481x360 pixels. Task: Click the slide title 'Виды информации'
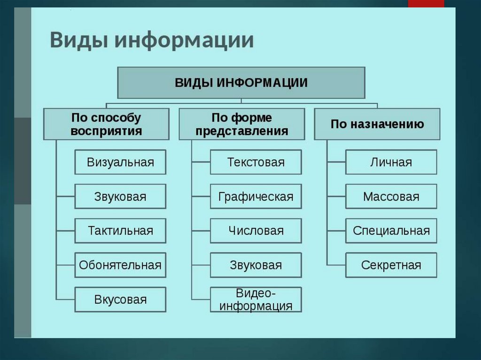[152, 40]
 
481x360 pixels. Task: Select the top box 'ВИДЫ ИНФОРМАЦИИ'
[241, 83]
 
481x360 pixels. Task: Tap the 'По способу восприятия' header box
[106, 124]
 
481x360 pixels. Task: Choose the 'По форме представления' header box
[242, 124]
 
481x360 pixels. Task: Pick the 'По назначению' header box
[377, 124]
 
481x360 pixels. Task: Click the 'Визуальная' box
[120, 162]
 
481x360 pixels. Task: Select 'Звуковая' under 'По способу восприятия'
[120, 196]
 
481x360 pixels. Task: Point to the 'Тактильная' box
[120, 230]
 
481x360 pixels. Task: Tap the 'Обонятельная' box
[120, 265]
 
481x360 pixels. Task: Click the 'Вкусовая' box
[120, 299]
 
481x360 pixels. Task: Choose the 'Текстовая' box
[256, 162]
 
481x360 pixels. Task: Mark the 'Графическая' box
[256, 196]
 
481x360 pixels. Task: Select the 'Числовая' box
[256, 230]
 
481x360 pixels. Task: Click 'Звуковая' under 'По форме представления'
[256, 265]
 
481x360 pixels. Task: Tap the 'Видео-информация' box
[256, 299]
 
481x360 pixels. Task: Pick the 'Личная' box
[391, 162]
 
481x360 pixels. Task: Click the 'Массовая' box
[391, 196]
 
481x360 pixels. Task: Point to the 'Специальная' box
[391, 230]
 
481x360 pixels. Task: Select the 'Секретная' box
[391, 265]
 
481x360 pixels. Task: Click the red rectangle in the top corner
[426, 4]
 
